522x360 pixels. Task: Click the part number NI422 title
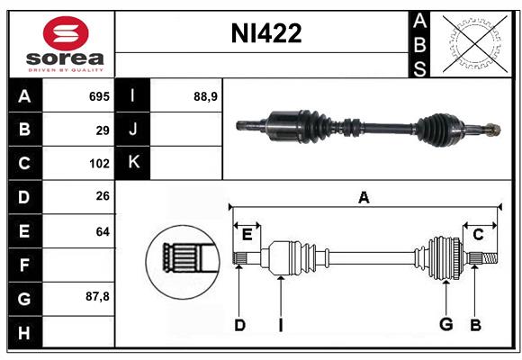266,34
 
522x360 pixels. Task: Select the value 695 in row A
98,96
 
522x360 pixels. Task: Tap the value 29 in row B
102,130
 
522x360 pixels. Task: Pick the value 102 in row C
98,164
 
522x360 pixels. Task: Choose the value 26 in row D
102,197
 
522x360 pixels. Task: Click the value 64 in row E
102,231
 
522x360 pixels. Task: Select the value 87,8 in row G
97,296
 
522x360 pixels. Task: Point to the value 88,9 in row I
206,96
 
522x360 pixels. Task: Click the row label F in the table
24,265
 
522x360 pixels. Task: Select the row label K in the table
133,163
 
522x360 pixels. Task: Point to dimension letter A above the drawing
364,197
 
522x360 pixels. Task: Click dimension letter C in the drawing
478,234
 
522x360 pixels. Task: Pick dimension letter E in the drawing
247,235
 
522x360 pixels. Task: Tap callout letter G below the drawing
445,324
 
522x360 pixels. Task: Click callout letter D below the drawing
239,324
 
